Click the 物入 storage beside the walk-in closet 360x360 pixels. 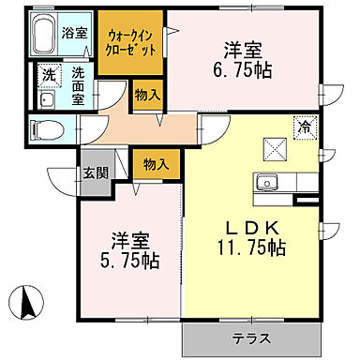pos(145,94)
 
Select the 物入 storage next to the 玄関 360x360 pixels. pos(156,164)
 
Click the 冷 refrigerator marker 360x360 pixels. pos(305,124)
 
